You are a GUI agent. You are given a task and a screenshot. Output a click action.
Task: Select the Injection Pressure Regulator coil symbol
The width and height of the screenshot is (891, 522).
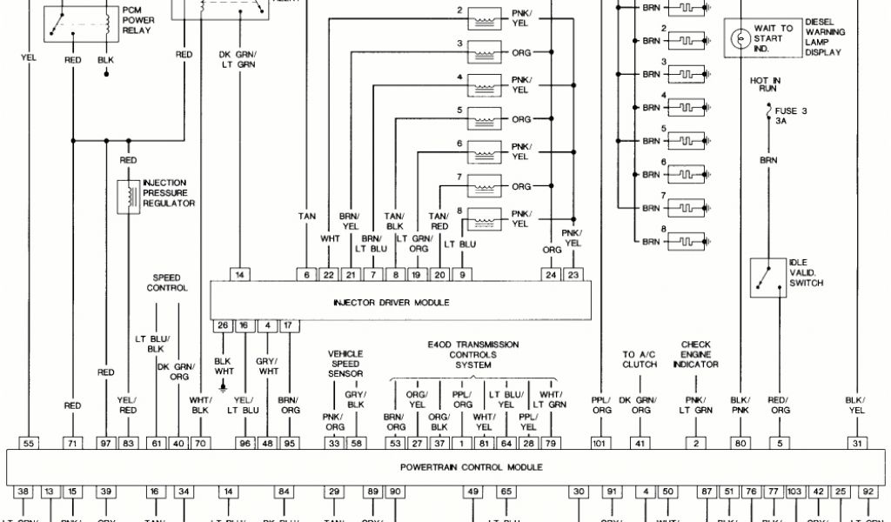[x=129, y=196]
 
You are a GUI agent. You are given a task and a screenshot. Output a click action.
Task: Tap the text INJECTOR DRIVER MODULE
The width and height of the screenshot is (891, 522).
[x=392, y=303]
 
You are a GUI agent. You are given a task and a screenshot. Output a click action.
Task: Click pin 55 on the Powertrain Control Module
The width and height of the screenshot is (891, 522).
[x=29, y=444]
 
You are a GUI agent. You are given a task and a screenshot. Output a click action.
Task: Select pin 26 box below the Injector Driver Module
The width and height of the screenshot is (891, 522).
[x=223, y=325]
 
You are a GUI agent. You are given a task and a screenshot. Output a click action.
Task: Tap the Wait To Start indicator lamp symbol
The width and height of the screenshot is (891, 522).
[x=739, y=38]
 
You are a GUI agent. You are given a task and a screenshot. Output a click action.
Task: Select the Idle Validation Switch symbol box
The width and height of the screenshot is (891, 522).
[x=767, y=278]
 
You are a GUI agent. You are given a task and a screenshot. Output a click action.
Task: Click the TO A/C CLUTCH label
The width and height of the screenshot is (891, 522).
[x=640, y=359]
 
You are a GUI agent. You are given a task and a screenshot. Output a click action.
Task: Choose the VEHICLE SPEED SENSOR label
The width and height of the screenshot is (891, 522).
[x=345, y=364]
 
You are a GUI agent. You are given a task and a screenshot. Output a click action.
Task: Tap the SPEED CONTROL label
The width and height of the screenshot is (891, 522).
[x=167, y=283]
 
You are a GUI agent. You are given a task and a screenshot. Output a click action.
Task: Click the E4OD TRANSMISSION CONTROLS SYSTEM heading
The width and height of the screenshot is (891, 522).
[x=472, y=355]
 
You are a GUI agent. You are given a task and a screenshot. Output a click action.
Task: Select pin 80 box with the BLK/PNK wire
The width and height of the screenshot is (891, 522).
[x=740, y=444]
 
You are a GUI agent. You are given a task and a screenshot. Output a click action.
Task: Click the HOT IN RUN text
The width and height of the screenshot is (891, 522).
[x=765, y=85]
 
